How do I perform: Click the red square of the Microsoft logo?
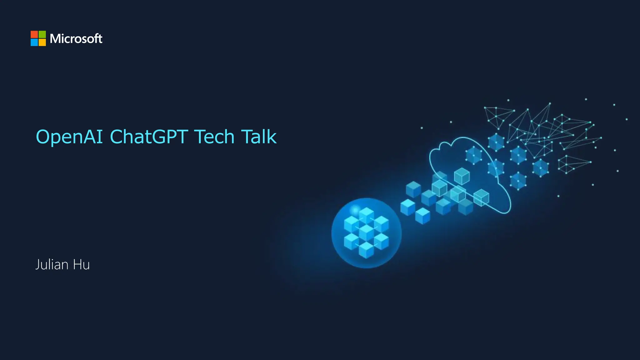click(x=34, y=34)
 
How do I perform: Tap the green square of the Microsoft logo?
click(x=42, y=34)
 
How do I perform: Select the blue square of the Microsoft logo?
click(x=34, y=42)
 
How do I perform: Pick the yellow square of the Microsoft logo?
click(x=42, y=42)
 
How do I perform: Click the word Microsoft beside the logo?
click(x=76, y=39)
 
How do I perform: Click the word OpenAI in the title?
click(x=69, y=137)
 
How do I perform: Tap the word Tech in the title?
click(x=214, y=137)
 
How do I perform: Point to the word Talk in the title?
click(x=259, y=137)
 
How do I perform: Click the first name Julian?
click(x=52, y=265)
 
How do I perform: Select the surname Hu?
click(x=81, y=265)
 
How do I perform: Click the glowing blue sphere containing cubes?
click(x=366, y=233)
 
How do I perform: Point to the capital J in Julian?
click(x=37, y=265)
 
